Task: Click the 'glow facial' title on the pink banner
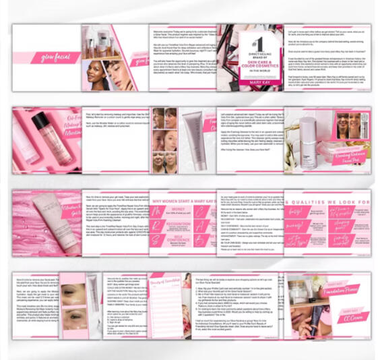55,58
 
